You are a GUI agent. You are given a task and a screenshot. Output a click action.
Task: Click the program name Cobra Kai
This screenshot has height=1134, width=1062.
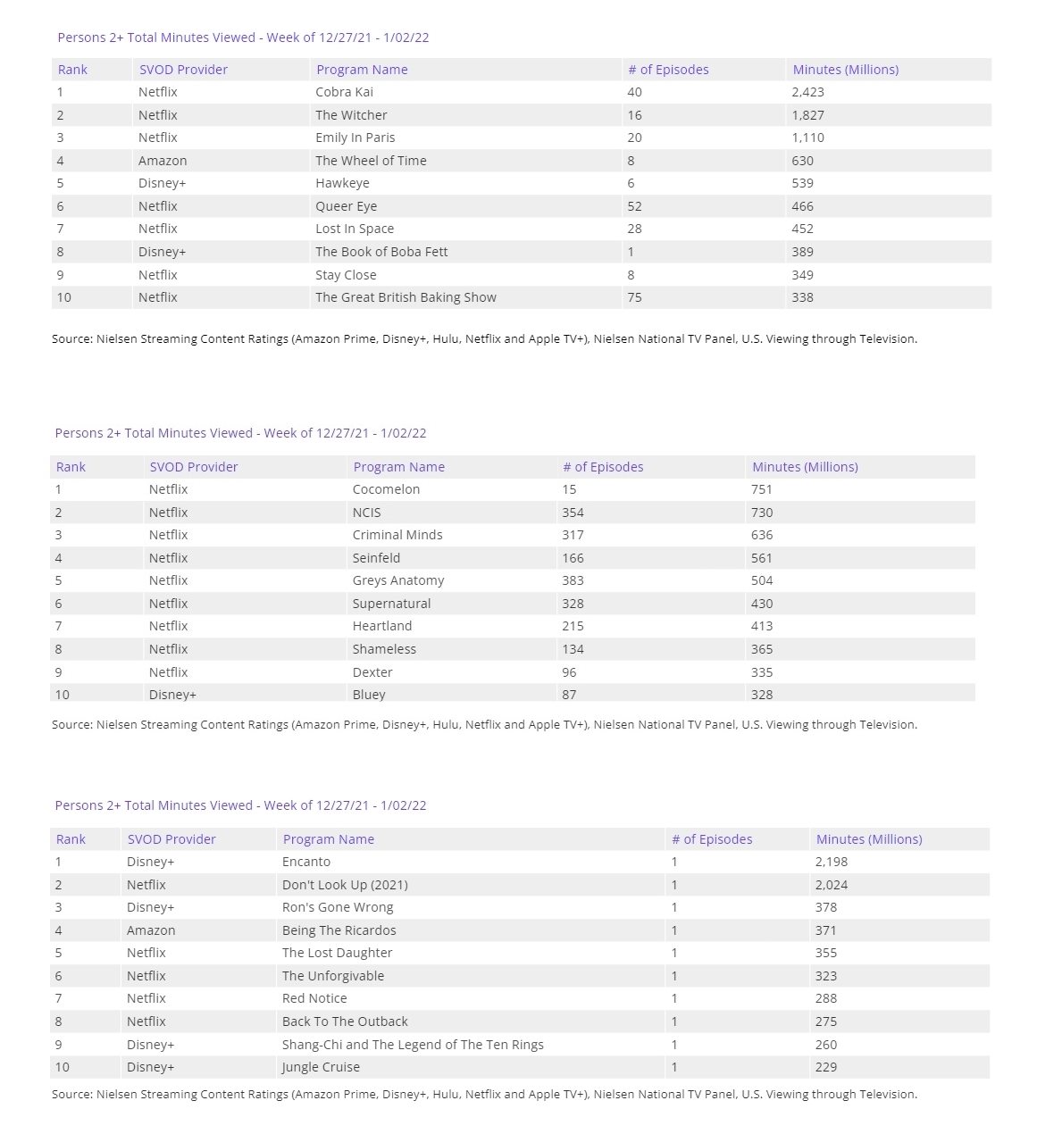(x=344, y=92)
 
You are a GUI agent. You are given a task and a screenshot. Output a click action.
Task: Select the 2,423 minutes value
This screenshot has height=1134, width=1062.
(x=807, y=92)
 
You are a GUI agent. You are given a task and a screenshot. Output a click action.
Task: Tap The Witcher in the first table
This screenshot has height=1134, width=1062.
(x=351, y=115)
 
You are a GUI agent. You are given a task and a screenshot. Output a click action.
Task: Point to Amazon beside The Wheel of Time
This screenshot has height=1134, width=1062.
(x=163, y=161)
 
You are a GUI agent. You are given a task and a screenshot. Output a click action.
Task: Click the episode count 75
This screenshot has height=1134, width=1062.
(x=634, y=297)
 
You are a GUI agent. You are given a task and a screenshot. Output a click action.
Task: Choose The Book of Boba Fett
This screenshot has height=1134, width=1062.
(x=381, y=252)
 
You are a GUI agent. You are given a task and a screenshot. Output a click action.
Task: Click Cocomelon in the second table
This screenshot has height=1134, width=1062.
(x=386, y=489)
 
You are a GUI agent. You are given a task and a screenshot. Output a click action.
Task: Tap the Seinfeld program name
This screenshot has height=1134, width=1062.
(x=376, y=558)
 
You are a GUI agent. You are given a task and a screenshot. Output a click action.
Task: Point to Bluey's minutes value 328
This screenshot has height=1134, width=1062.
(x=762, y=694)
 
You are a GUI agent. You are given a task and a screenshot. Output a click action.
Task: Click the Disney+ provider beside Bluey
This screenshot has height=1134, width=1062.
(x=172, y=694)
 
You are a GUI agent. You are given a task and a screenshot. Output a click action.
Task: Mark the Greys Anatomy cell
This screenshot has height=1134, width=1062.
(x=397, y=580)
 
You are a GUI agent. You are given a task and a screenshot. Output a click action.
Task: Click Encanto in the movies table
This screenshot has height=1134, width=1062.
(x=306, y=862)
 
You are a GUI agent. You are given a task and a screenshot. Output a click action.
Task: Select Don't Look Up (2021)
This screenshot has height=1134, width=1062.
(x=345, y=885)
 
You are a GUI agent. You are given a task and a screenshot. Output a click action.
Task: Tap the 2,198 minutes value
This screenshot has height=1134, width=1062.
(x=832, y=862)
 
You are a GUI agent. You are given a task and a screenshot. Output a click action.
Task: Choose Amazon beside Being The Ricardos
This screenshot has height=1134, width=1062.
(x=151, y=930)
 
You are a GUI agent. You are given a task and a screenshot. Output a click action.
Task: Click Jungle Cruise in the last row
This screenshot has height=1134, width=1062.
(x=321, y=1067)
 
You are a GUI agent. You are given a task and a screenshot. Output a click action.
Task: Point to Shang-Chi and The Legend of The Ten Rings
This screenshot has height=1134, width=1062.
(x=413, y=1045)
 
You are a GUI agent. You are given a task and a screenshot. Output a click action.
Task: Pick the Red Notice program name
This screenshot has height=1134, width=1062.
(x=314, y=998)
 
